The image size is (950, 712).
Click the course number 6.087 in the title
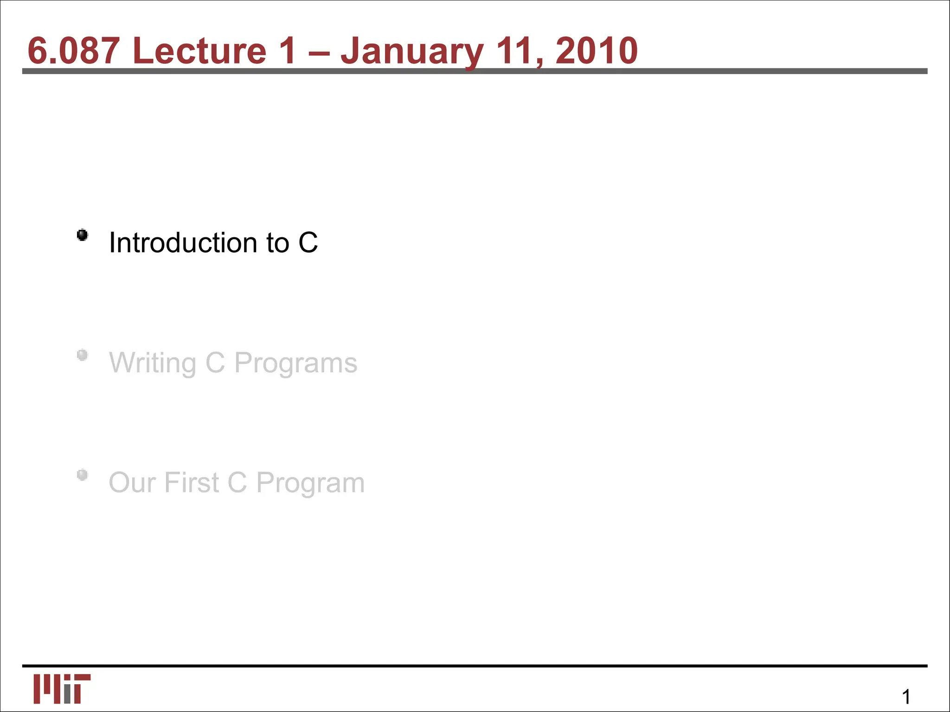(73, 51)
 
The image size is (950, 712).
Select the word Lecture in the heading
(199, 51)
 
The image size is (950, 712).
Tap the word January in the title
(412, 51)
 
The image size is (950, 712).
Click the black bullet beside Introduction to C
(83, 235)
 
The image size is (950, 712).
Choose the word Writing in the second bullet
(153, 363)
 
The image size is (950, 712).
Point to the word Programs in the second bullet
(295, 363)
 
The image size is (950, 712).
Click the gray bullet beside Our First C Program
(83, 475)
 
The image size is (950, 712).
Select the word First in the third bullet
(191, 483)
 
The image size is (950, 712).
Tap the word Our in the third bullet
(132, 483)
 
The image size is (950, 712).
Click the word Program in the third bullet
(310, 483)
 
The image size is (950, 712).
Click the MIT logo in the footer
(62, 689)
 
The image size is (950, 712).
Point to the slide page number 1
(906, 697)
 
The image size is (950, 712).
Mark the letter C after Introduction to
(308, 242)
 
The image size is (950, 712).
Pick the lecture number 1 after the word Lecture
(288, 51)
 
